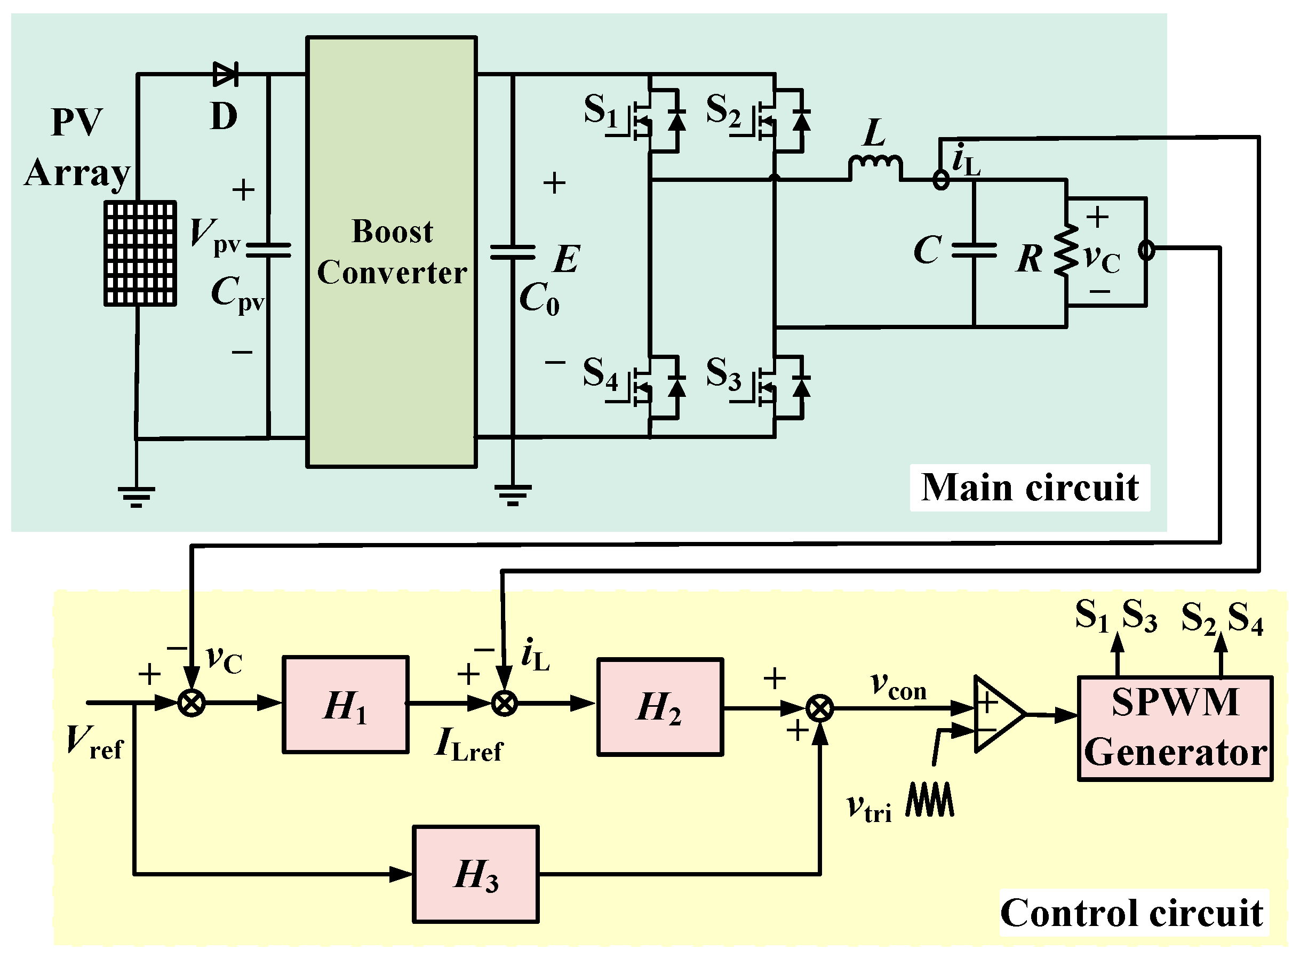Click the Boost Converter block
[392, 252]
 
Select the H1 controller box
[346, 705]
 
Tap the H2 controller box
[660, 707]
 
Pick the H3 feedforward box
[475, 874]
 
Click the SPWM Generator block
[1175, 728]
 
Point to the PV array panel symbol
[140, 253]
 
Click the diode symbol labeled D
[226, 74]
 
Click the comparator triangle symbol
[996, 714]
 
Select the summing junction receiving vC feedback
[192, 704]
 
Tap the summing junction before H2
[504, 704]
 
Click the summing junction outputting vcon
[820, 708]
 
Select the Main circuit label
[1030, 487]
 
